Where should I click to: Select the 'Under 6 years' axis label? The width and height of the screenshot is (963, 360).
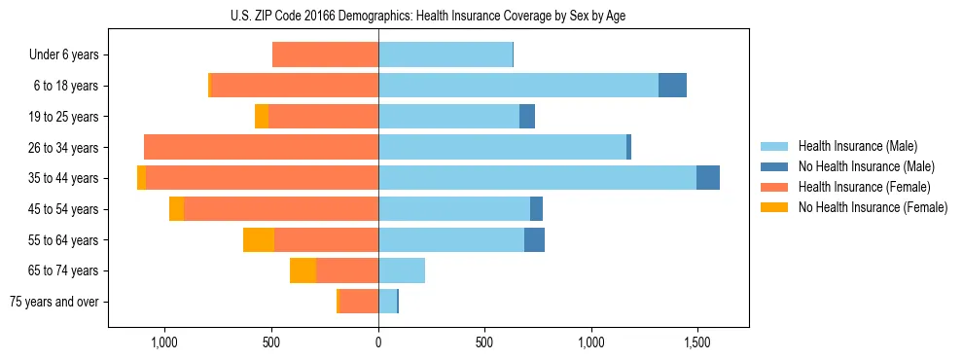tap(68, 55)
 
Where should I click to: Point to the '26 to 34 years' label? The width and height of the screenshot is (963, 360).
tap(65, 148)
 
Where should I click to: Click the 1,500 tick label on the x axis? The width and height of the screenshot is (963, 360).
tap(697, 342)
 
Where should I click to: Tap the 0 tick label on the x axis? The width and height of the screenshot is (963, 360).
tap(378, 342)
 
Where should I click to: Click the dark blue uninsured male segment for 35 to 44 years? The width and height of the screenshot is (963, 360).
tap(708, 178)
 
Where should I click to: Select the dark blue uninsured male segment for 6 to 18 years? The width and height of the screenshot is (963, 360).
tap(672, 86)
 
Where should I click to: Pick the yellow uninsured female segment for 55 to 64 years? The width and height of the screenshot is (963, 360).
tap(259, 240)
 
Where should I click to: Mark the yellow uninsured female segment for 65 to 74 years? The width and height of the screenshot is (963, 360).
tap(303, 270)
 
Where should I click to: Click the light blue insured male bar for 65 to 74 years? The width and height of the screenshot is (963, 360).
tap(402, 270)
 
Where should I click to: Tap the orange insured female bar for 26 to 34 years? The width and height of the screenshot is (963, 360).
tap(261, 148)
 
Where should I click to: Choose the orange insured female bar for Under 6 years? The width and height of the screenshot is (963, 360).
tap(325, 55)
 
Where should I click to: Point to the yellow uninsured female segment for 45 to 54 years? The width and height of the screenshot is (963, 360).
tap(176, 209)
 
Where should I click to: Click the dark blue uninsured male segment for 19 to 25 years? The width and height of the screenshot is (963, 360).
tap(527, 117)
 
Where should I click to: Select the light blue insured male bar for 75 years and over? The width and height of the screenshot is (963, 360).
tap(387, 302)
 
